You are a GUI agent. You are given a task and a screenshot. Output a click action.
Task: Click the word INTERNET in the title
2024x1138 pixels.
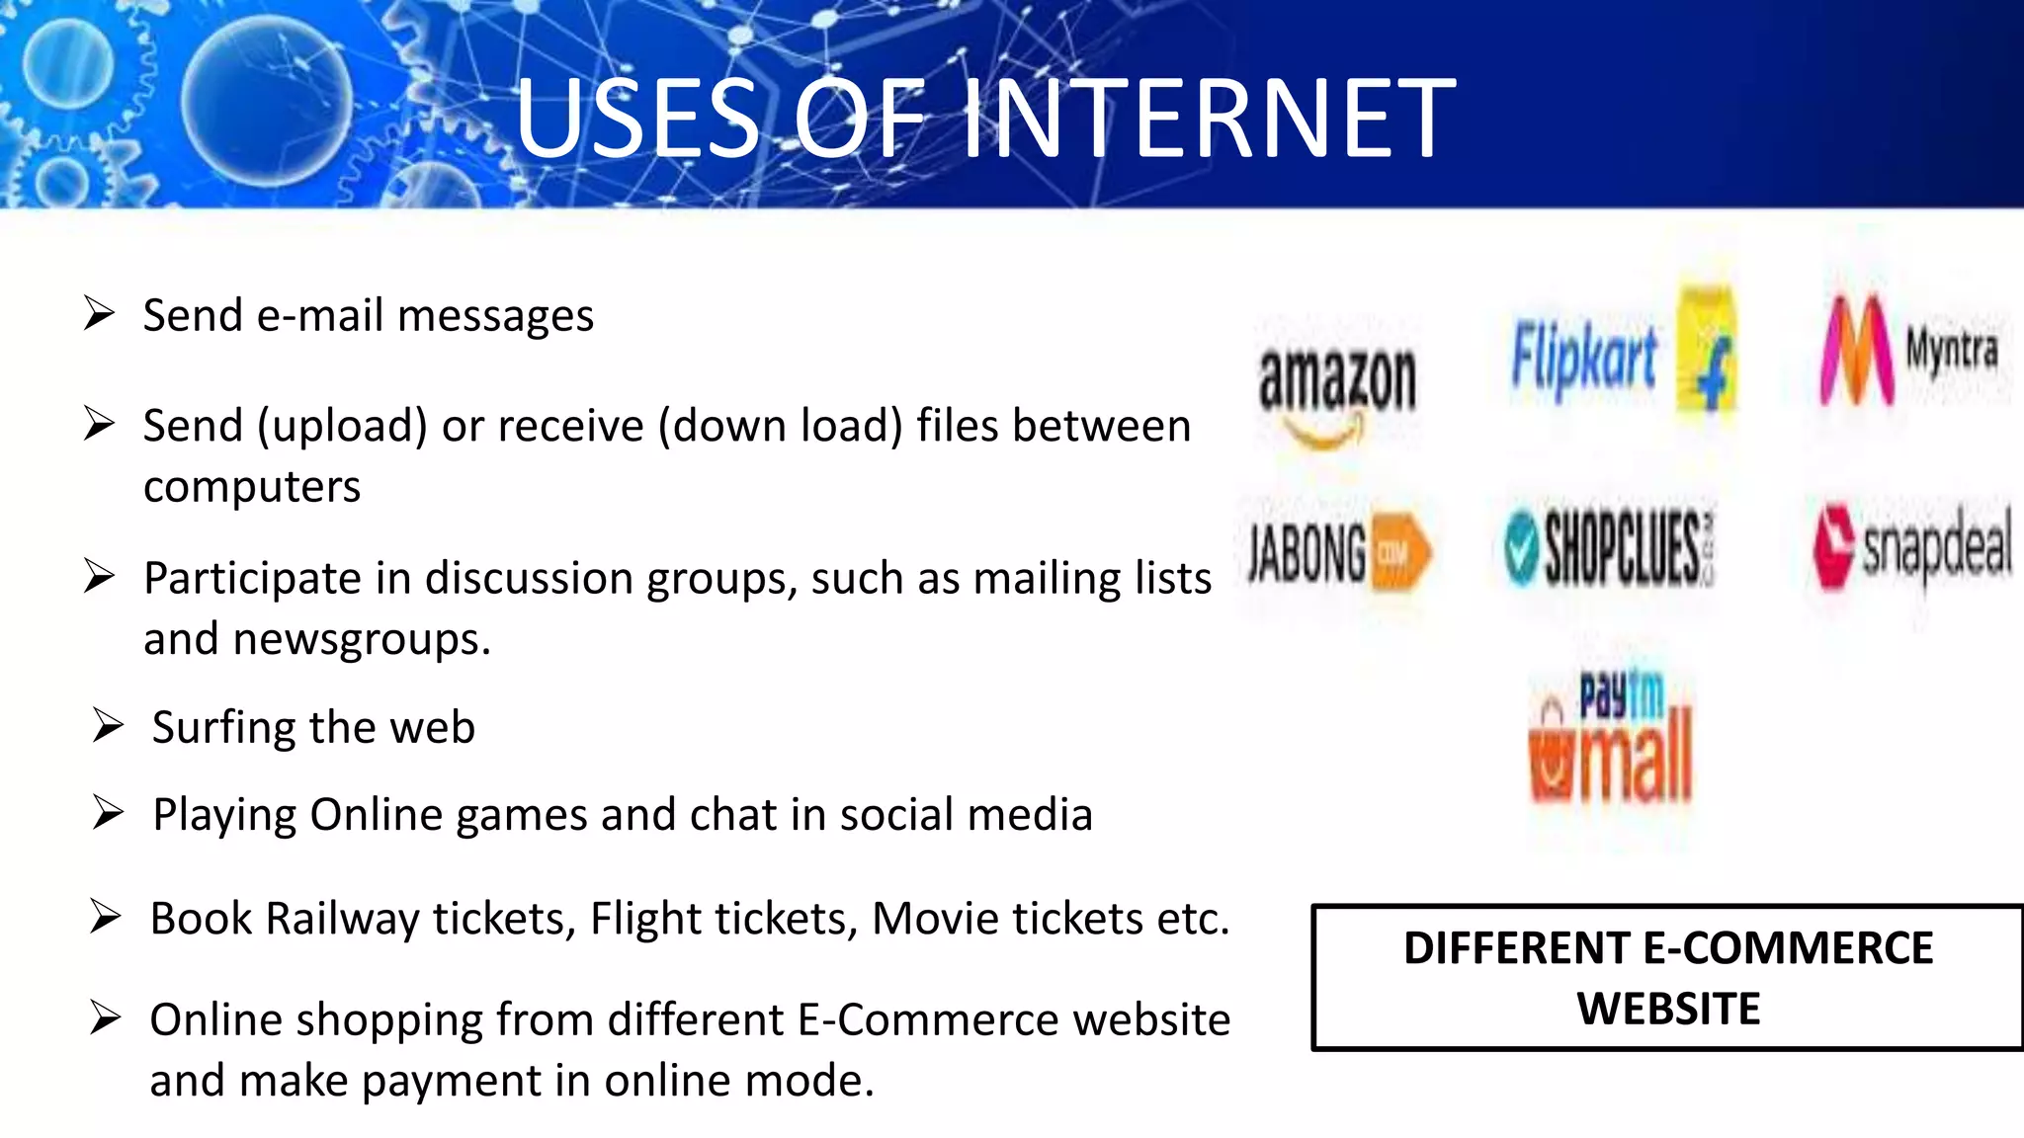pos(1209,120)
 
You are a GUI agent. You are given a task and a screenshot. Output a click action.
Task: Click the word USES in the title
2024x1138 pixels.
pos(637,120)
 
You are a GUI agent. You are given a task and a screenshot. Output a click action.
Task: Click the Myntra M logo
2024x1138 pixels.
pos(1856,352)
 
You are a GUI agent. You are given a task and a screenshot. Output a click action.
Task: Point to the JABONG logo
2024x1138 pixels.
pos(1337,552)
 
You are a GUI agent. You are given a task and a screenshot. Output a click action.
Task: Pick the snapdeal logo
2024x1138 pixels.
pos(1911,546)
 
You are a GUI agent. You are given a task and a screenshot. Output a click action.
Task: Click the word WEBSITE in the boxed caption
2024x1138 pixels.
pos(1668,1009)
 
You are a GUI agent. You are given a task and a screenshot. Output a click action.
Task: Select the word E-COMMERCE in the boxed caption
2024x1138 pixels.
pos(1787,948)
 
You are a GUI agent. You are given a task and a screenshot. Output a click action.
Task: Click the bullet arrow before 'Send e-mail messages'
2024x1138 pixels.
pos(100,314)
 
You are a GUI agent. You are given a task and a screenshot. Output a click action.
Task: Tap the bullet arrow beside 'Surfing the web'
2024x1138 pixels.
pos(108,726)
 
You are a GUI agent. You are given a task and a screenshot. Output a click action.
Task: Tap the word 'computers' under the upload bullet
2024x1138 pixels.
pos(252,487)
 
